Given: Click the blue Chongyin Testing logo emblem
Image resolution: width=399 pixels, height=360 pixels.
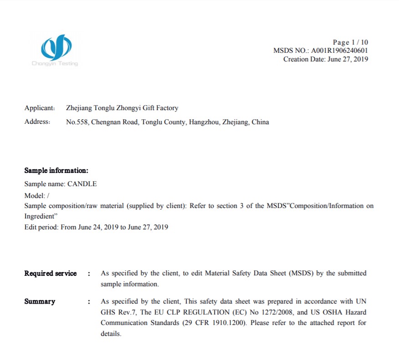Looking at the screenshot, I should [56, 46].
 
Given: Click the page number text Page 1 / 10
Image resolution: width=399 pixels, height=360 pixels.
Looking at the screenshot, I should [350, 42].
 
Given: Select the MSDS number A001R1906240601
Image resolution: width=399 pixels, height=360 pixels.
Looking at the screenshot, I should [340, 51].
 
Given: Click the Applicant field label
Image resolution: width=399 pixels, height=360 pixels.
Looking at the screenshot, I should [40, 108].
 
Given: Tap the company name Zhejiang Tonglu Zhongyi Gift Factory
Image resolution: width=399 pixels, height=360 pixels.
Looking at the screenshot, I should [122, 108].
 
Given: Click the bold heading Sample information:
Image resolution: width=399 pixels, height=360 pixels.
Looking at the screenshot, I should [56, 171].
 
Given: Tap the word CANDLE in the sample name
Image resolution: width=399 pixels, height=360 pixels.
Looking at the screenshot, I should [82, 184].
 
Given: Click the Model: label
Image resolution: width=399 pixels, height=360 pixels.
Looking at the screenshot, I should [35, 195].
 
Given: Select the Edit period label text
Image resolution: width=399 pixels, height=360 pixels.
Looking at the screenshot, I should [41, 227].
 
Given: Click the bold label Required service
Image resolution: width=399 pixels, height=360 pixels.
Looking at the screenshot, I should [51, 274].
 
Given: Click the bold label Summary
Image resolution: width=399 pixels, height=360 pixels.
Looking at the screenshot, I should [40, 301].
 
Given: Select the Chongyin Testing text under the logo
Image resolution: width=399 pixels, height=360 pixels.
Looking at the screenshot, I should [55, 64].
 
